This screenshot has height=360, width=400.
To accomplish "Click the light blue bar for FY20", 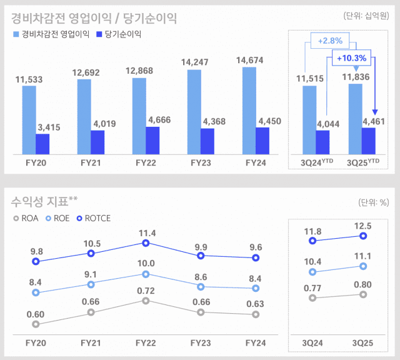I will [x=29, y=120].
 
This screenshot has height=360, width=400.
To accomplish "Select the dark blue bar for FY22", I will [x=152, y=141].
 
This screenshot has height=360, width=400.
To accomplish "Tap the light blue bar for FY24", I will [x=249, y=111].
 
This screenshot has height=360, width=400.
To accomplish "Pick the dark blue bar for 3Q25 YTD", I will [x=369, y=141].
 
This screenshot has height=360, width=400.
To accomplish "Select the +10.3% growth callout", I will [x=351, y=58].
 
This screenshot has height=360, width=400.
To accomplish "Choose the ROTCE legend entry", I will [x=94, y=218].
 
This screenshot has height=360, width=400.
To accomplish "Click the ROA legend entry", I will [x=26, y=218].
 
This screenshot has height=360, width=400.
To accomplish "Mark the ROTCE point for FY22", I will [x=146, y=243].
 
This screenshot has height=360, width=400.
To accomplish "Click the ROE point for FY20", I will [x=36, y=292].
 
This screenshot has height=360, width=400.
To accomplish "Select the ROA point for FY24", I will [x=256, y=314].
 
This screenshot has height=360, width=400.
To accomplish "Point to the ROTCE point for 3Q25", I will [x=363, y=236].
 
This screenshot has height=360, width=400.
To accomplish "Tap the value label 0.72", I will [x=146, y=291].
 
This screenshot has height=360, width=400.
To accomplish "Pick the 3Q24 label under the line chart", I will [x=312, y=343].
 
